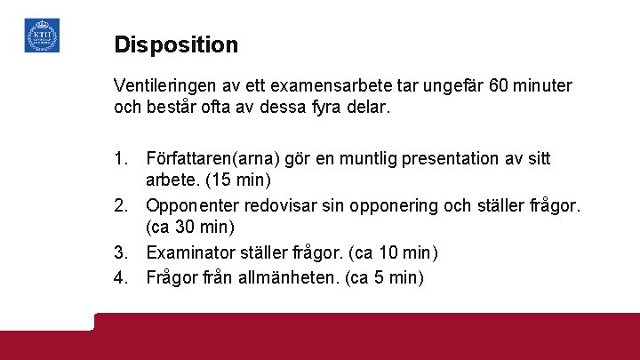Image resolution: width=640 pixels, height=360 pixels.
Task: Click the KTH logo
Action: (x=42, y=36)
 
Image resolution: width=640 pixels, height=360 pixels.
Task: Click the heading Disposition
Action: (x=176, y=44)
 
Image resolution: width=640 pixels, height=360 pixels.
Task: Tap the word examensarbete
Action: (x=339, y=86)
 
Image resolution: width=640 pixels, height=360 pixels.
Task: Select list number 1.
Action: (x=122, y=159)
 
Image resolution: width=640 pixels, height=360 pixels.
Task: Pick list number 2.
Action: (x=122, y=205)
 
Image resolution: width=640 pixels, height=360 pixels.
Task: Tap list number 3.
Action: (x=122, y=252)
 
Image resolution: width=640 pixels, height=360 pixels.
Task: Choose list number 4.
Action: (x=122, y=276)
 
